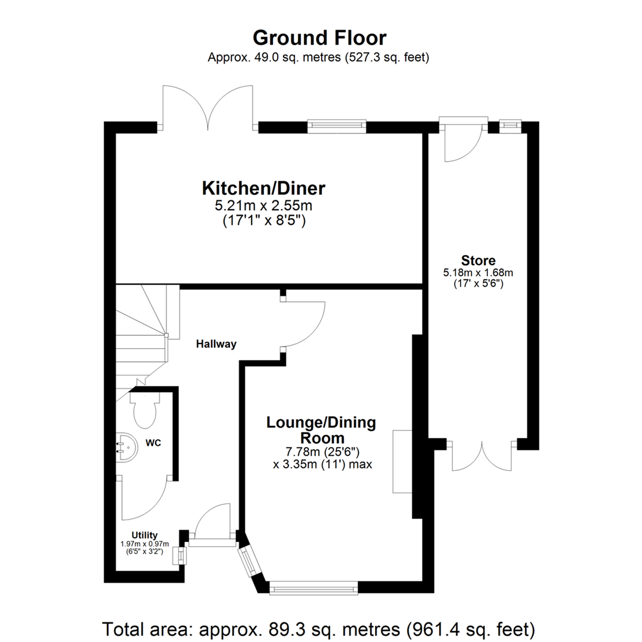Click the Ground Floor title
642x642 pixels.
pyautogui.click(x=320, y=37)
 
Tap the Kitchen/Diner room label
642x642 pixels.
pyautogui.click(x=264, y=189)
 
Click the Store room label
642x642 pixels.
pyautogui.click(x=478, y=260)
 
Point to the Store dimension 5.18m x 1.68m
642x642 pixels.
pyautogui.click(x=478, y=273)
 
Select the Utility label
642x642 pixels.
pyautogui.click(x=144, y=535)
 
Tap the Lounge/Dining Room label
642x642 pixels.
pyautogui.click(x=321, y=430)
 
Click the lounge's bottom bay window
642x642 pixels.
pyautogui.click(x=314, y=588)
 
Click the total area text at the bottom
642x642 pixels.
pyautogui.click(x=320, y=628)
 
